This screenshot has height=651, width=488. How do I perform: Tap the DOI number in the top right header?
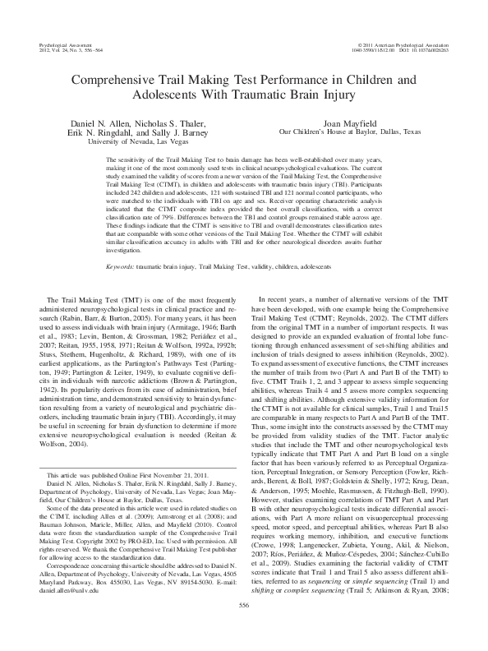pyautogui.click(x=428, y=45)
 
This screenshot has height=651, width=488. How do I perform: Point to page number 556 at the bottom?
pyautogui.click(x=243, y=630)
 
